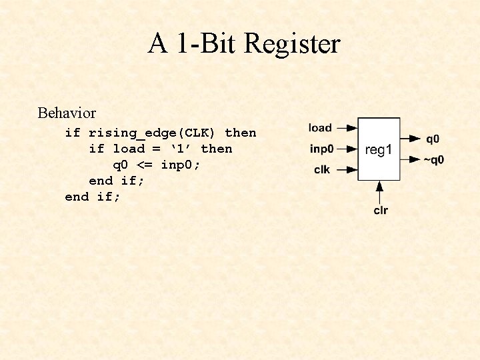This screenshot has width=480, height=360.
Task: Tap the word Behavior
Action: point(67,113)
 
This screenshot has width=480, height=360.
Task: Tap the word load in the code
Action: point(129,149)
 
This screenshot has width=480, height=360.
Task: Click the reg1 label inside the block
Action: point(379,150)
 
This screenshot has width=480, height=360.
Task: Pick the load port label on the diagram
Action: point(320,127)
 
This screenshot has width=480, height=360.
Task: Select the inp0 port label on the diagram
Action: point(321,149)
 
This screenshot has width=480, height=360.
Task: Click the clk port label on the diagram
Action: point(322,169)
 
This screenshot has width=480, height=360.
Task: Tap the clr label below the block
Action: point(380,211)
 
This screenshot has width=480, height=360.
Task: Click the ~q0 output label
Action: point(433,160)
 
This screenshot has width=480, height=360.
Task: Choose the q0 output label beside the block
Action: point(433,139)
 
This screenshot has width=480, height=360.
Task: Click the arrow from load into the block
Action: point(347,128)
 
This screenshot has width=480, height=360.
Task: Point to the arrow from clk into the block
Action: point(347,170)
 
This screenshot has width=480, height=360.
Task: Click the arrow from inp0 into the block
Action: point(347,149)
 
